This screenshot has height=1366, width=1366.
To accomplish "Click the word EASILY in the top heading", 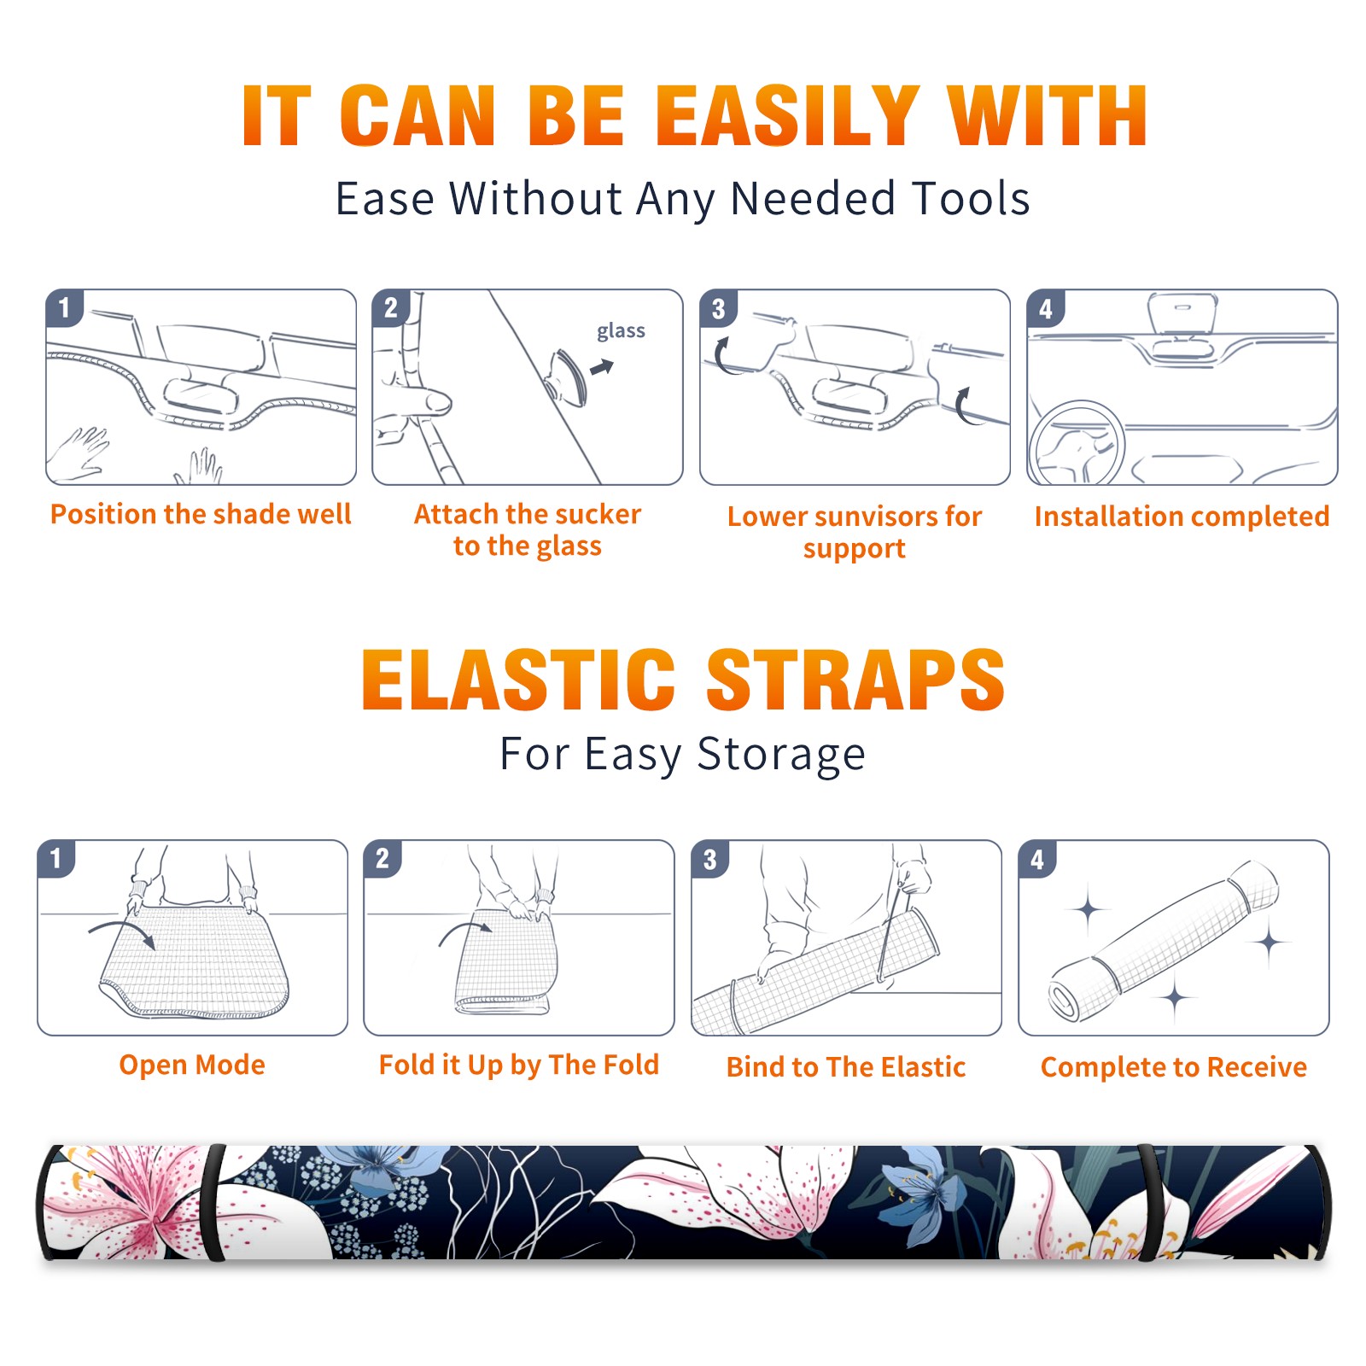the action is coord(787,116).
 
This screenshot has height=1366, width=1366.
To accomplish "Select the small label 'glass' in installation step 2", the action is coord(621,331).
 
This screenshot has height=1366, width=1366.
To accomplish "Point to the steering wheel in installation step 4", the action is coord(1076,443).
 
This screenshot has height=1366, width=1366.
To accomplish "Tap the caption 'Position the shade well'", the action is coord(201,514).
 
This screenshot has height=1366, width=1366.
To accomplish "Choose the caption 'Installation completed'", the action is coord(1182,517).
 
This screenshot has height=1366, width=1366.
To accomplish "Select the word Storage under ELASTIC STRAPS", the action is coord(781,755).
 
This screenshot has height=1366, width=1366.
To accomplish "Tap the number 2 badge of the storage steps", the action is coord(382,858).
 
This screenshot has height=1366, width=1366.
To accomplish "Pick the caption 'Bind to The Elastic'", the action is coord(846,1067).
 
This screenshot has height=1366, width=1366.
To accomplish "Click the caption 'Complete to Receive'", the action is coord(1174,1067).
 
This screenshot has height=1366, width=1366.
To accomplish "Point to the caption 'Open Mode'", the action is coord(192,1065).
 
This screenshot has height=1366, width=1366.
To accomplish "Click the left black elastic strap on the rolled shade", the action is coord(213,1202).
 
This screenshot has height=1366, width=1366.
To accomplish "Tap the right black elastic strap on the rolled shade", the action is coord(1148,1202).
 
